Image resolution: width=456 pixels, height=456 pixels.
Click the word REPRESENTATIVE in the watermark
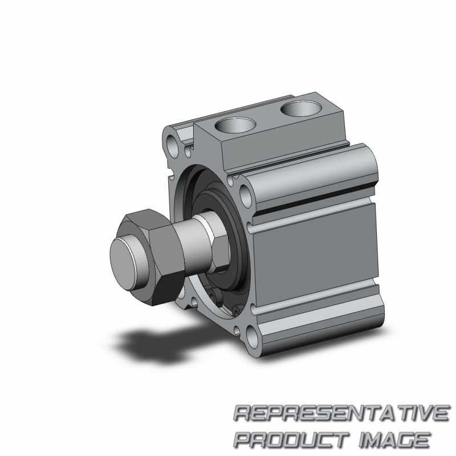[341, 413]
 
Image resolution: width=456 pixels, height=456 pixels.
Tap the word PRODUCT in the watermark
[291, 439]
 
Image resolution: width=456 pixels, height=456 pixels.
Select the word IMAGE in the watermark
[394, 439]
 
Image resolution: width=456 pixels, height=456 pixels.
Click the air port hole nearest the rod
[235, 125]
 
